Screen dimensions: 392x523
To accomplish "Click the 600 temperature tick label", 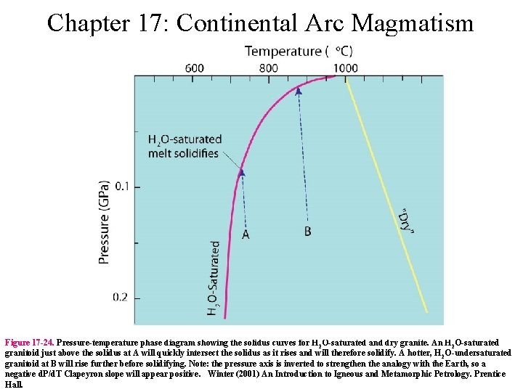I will click(194, 68).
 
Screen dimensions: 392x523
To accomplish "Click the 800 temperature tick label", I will click(268, 68).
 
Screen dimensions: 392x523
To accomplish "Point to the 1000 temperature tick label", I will click(345, 68).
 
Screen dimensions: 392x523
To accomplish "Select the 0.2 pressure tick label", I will click(121, 298).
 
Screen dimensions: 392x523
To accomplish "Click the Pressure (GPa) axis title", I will click(104, 222).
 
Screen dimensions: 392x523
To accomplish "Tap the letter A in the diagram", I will click(246, 234).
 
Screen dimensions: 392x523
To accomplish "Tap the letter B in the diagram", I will click(308, 232).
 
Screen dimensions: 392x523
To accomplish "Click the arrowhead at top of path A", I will click(242, 173).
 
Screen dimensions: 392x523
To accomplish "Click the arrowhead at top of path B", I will click(299, 91).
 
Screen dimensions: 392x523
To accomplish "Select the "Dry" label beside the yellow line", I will click(408, 221).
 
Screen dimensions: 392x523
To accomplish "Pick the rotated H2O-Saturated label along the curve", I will click(214, 279).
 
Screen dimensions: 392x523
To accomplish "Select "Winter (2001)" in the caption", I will click(232, 374).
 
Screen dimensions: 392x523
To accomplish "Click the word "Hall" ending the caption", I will click(14, 385).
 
